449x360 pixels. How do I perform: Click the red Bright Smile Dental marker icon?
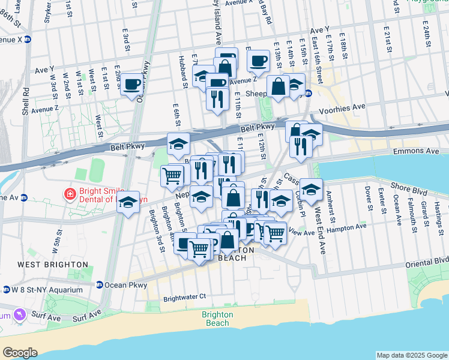(70, 194)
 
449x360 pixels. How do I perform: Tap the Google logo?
(20, 353)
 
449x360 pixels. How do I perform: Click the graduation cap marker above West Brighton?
(128, 202)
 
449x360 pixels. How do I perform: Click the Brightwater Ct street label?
(184, 296)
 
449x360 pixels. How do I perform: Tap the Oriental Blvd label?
(426, 260)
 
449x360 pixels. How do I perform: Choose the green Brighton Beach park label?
(217, 319)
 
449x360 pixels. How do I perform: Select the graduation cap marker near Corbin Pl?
(311, 190)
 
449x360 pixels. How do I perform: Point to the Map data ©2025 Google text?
(411, 355)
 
